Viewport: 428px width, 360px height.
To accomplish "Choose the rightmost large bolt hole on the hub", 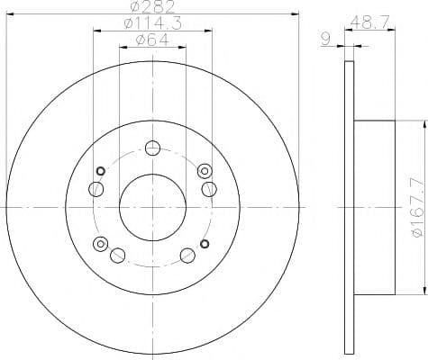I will tap(209, 187).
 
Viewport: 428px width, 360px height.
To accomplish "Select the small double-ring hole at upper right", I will tap(204, 170).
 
